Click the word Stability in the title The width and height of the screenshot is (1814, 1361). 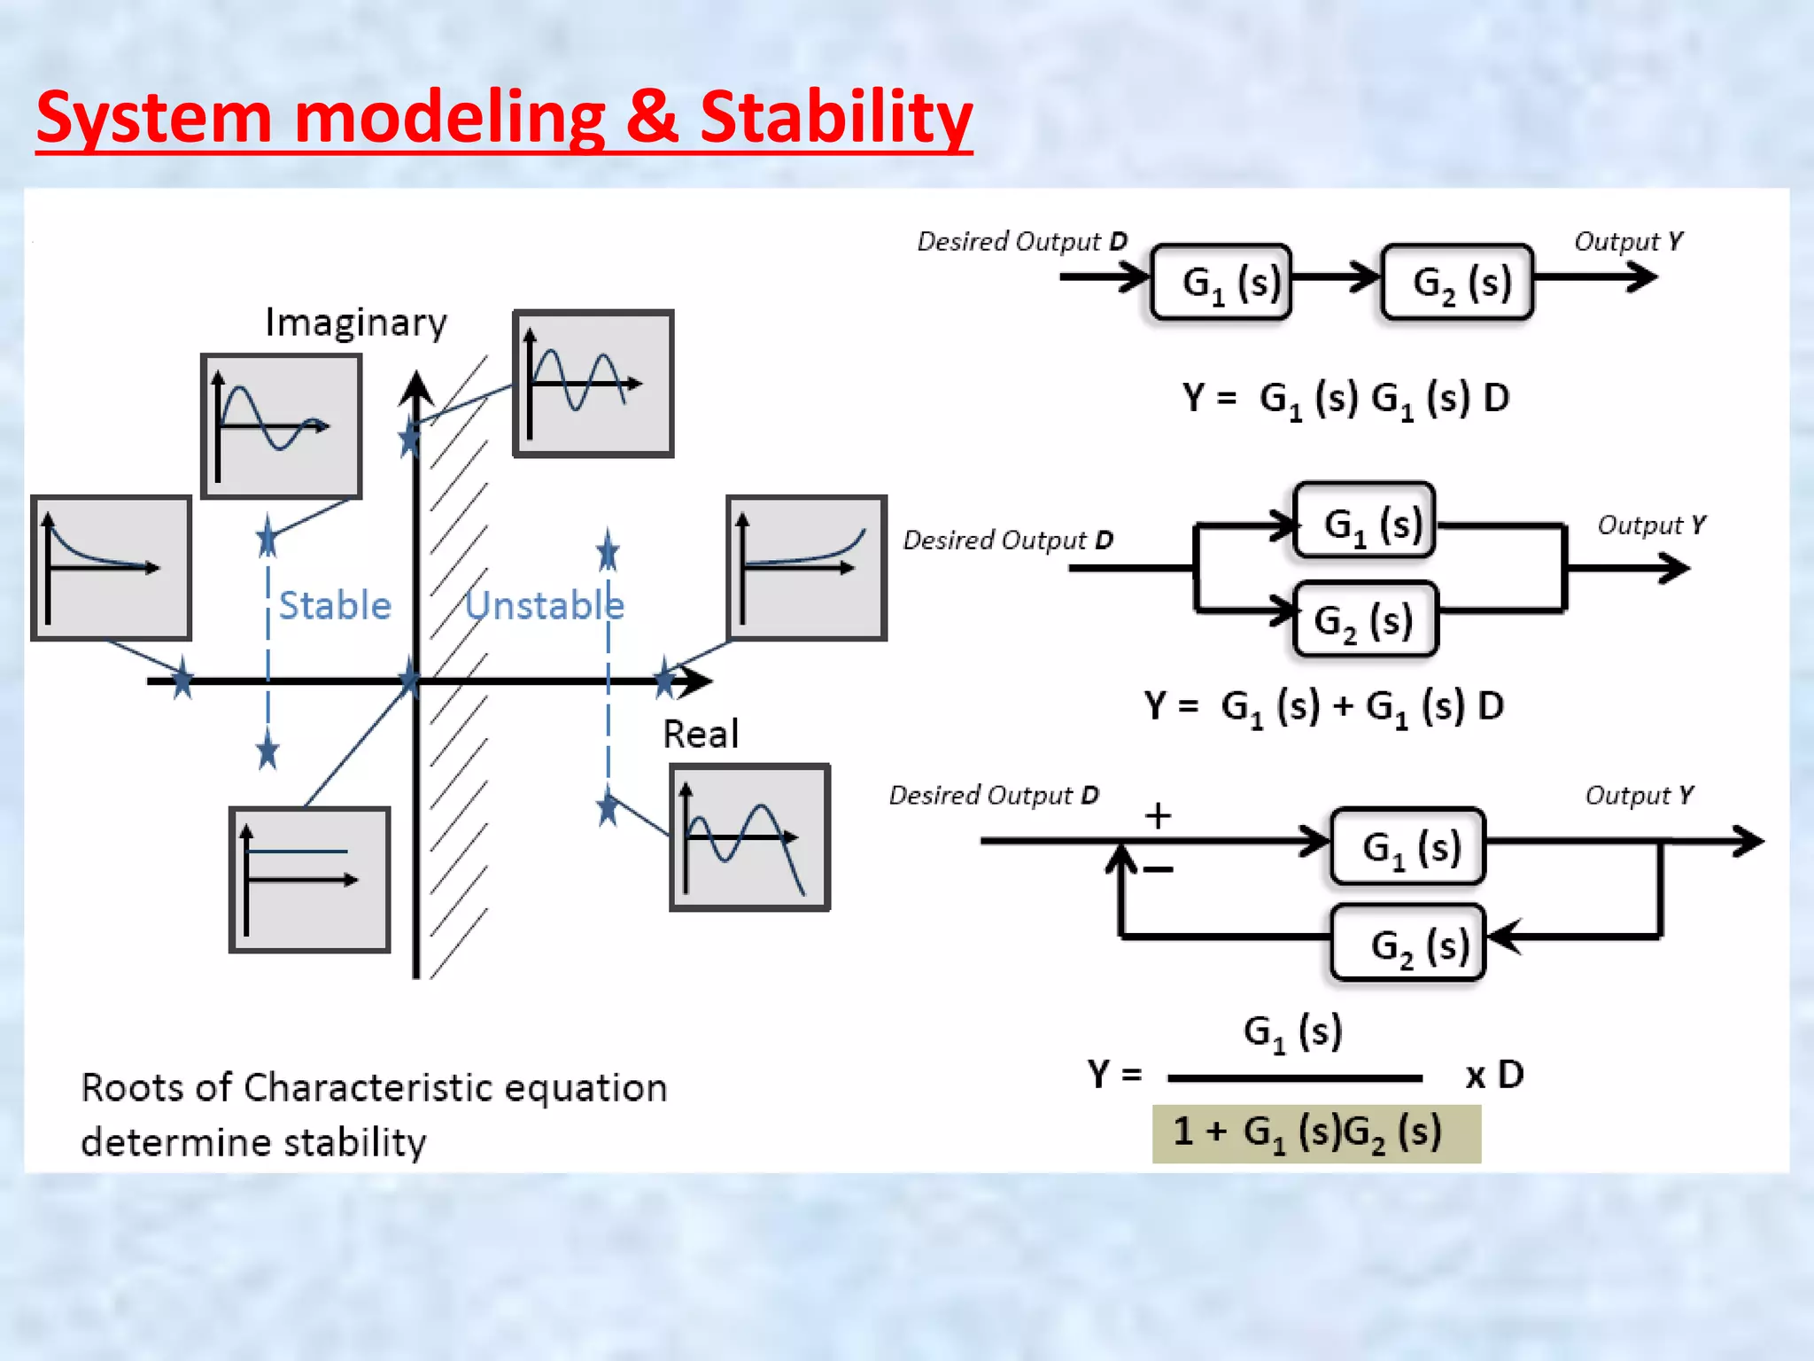(835, 118)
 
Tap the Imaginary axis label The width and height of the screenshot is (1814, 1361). (356, 323)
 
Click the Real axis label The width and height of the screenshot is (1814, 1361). (700, 734)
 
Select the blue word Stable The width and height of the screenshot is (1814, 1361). (335, 606)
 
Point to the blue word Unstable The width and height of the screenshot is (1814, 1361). (545, 606)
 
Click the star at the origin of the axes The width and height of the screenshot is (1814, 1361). (409, 680)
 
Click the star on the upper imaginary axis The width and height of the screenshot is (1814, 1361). (409, 438)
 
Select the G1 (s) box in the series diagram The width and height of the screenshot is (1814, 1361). (1221, 282)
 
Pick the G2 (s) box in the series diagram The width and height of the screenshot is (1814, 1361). (1457, 282)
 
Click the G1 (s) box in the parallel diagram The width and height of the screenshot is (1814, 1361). (1364, 522)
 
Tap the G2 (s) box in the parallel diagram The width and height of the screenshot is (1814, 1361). (1364, 619)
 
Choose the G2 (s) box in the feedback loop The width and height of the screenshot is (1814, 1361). (1408, 943)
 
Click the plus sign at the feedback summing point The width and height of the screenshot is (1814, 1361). (1158, 815)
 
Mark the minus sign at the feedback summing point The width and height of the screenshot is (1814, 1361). (1158, 869)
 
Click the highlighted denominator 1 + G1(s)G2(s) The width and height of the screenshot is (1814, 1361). (1315, 1133)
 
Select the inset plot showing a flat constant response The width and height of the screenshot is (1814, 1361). (310, 879)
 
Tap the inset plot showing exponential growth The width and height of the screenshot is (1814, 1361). (806, 567)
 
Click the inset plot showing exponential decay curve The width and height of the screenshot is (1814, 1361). (112, 567)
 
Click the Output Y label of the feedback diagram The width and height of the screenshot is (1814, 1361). (1639, 795)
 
